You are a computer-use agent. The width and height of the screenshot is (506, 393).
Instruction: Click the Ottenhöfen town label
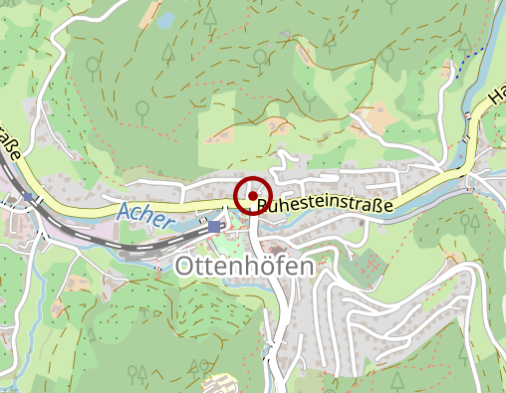click(x=244, y=267)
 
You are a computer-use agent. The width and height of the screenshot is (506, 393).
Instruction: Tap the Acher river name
click(x=144, y=214)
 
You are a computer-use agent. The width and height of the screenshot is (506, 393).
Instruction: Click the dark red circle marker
click(x=254, y=194)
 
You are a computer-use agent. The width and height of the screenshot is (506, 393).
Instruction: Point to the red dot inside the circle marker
click(x=254, y=194)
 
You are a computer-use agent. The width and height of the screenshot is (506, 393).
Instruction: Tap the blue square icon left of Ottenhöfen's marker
click(x=214, y=227)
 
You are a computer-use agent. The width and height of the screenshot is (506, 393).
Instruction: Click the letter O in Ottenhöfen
click(x=185, y=267)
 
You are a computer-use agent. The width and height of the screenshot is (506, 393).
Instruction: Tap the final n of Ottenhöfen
click(x=306, y=267)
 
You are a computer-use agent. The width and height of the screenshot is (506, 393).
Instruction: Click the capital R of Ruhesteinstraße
click(x=262, y=207)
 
